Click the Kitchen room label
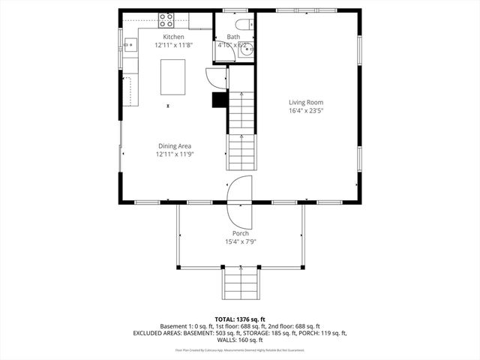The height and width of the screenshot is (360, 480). tap(173, 37)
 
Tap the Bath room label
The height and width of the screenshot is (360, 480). tap(234, 37)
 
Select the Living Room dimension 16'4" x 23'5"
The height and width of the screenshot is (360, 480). tap(311, 110)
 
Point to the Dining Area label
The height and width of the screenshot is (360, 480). tap(174, 145)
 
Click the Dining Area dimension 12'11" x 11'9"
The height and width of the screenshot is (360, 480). tap(174, 154)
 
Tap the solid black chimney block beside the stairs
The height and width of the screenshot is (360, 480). tap(220, 100)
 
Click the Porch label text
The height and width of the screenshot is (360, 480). tap(240, 233)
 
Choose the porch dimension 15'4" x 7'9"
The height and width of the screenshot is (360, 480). tap(240, 241)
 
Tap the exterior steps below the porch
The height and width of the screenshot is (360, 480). tap(240, 285)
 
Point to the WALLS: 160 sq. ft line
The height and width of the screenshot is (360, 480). tap(240, 340)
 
